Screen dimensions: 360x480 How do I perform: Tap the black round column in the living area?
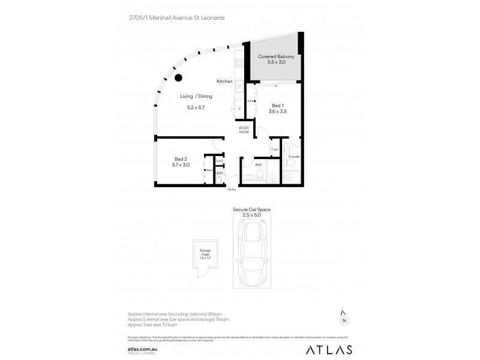(x=178, y=77)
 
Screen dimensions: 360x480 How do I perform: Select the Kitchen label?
(x=224, y=81)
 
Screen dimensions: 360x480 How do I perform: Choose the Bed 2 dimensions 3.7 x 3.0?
(x=181, y=164)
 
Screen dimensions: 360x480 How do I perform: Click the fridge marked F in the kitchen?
(x=239, y=109)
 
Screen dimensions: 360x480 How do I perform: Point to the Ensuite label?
(x=293, y=157)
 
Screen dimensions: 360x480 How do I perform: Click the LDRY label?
(x=220, y=173)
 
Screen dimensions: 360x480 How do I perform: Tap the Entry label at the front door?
(x=232, y=190)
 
